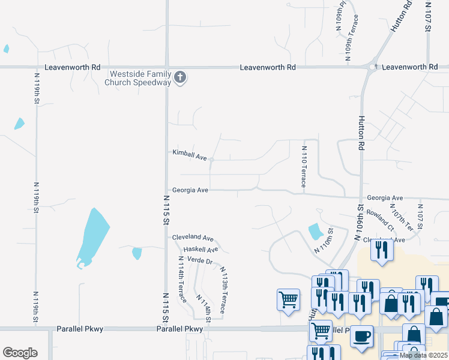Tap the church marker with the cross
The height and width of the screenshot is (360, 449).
180,77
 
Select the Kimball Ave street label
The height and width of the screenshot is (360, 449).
190,155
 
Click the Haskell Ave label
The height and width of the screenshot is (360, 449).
201,249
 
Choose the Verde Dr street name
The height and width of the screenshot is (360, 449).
200,261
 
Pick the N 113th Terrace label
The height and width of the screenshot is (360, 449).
223,290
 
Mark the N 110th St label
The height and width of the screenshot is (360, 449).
322,241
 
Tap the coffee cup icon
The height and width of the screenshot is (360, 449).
361,337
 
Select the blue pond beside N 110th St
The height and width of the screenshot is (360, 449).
314,231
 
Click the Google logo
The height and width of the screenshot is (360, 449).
20,352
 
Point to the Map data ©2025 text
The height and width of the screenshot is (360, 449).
423,355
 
